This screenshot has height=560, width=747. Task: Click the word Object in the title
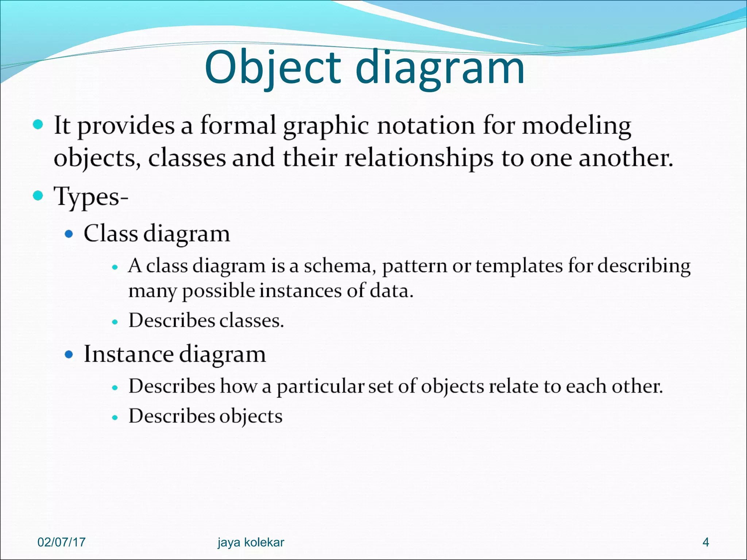(273, 68)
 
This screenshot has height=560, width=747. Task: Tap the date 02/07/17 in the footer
(61, 542)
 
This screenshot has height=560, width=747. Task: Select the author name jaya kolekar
(251, 542)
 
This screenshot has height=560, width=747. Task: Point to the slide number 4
(706, 542)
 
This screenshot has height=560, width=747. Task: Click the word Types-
(91, 197)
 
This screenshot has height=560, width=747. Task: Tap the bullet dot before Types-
(38, 196)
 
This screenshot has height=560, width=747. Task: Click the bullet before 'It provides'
(38, 125)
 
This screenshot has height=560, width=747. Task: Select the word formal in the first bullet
(238, 125)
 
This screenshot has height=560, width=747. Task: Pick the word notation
(426, 125)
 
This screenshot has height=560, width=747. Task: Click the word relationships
(419, 159)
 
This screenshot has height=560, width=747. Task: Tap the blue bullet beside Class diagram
(69, 233)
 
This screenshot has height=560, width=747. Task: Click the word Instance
(128, 354)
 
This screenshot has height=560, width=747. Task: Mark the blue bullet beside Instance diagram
(69, 354)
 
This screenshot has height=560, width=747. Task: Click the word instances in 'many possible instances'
(300, 291)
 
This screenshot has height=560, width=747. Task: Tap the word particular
(320, 386)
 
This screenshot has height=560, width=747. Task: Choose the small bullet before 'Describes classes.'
(115, 322)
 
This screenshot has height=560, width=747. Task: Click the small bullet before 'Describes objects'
(115, 417)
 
